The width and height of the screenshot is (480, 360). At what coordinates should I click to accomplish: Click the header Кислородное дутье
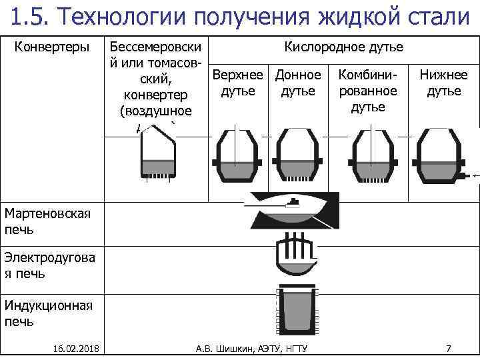343,47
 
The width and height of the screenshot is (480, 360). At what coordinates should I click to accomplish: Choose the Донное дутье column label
298,83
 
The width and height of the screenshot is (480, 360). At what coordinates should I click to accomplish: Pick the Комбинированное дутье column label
367,90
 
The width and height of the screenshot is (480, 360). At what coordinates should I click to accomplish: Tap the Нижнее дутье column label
443,83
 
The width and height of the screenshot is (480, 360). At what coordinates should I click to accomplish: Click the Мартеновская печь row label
47,221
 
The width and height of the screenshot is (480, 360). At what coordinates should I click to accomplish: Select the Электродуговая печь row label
50,265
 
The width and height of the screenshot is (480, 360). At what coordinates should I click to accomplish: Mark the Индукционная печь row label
48,313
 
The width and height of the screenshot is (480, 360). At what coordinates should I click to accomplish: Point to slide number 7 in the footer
449,348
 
